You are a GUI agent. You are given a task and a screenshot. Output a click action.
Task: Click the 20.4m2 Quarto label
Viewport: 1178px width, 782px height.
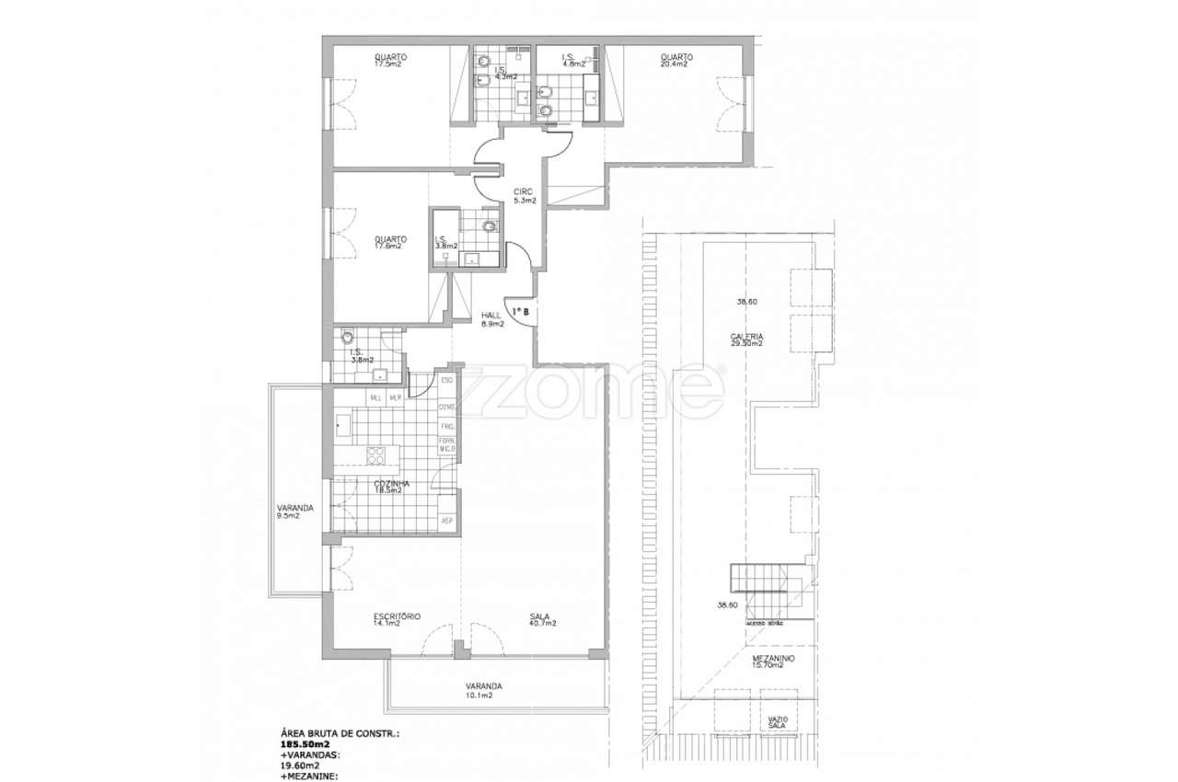click(676, 60)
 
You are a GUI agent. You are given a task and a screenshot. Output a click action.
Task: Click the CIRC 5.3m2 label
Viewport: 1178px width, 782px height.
click(525, 196)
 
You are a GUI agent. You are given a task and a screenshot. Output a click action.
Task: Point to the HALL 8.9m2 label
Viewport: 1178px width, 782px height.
click(492, 319)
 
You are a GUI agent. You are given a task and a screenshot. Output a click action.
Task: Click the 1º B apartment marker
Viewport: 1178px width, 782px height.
click(520, 312)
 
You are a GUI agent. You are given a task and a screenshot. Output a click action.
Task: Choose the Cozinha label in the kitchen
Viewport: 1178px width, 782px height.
click(391, 487)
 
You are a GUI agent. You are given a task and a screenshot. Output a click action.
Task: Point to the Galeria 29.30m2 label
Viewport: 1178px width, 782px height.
click(746, 340)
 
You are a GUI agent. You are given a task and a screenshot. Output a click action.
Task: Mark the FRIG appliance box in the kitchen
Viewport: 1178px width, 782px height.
click(448, 428)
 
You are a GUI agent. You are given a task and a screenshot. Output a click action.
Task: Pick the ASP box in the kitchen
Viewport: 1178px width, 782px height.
click(448, 522)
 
